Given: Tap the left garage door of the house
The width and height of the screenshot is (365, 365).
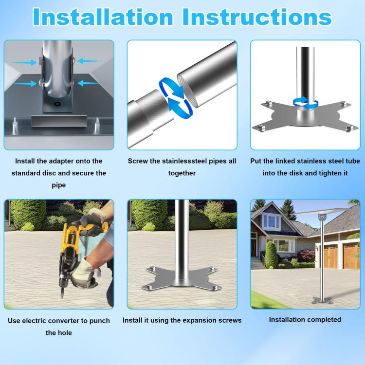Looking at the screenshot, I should tap(331, 255).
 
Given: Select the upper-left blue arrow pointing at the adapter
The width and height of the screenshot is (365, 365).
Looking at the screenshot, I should tap(22, 62).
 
